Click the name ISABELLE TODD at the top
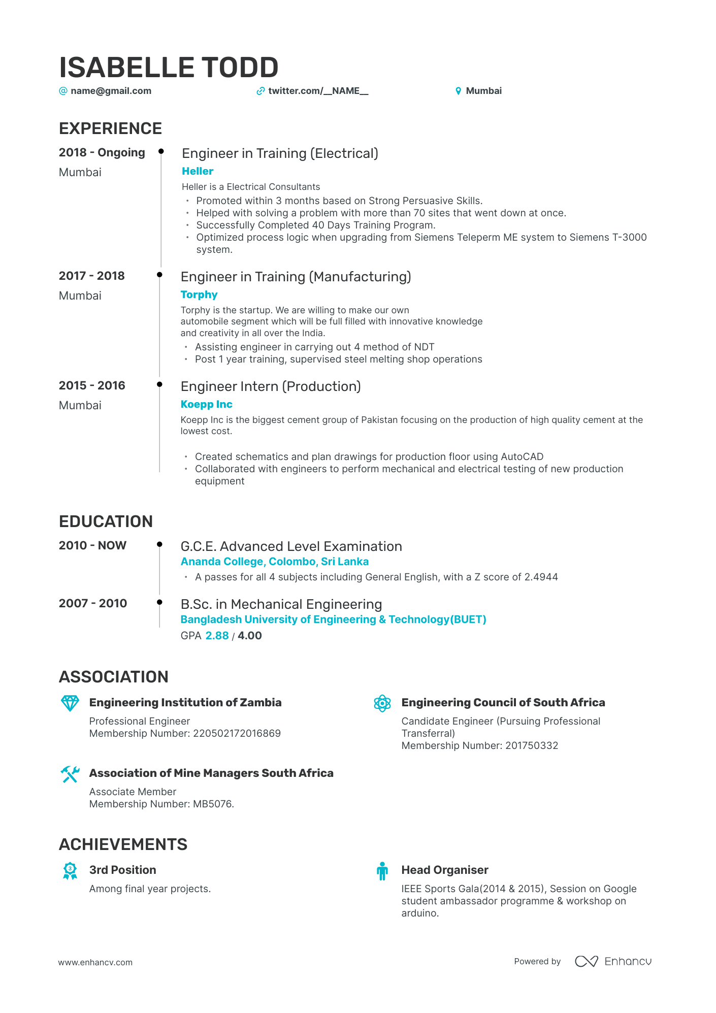pyautogui.click(x=169, y=68)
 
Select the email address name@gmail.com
pyautogui.click(x=111, y=91)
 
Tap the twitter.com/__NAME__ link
pyautogui.click(x=318, y=91)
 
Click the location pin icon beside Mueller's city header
pyautogui.click(x=458, y=91)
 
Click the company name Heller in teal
pyautogui.click(x=198, y=171)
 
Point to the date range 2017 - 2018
pyautogui.click(x=92, y=276)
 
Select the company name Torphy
pyautogui.click(x=199, y=295)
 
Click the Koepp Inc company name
pyautogui.click(x=206, y=404)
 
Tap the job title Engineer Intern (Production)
pyautogui.click(x=271, y=386)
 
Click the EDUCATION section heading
pyautogui.click(x=106, y=521)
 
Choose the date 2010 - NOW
pyautogui.click(x=92, y=545)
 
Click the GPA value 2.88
pyautogui.click(x=217, y=636)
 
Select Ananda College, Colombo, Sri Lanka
pyautogui.click(x=275, y=562)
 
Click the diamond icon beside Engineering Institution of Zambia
pyautogui.click(x=70, y=703)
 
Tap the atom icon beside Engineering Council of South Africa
pyautogui.click(x=382, y=703)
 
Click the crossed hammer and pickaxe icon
pyautogui.click(x=70, y=774)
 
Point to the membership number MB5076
pyautogui.click(x=213, y=804)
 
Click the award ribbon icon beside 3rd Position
pyautogui.click(x=70, y=871)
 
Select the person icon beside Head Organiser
pyautogui.click(x=382, y=871)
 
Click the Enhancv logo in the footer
pyautogui.click(x=613, y=961)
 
